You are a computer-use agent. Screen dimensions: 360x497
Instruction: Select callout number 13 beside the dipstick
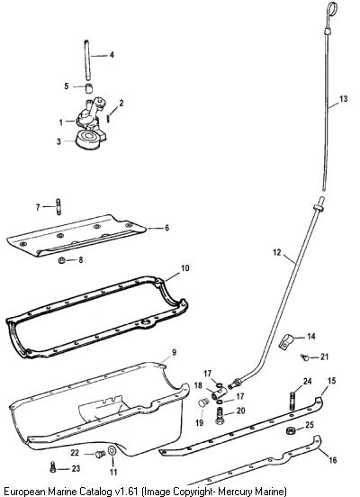(x=343, y=99)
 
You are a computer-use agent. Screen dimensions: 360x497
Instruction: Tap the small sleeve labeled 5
(x=89, y=88)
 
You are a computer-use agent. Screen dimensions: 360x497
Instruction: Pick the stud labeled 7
(x=58, y=207)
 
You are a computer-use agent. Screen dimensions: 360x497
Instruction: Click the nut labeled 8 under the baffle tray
(x=62, y=260)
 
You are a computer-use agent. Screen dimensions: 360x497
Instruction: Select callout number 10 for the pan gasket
(x=185, y=268)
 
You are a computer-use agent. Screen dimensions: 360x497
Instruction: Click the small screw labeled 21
(x=305, y=357)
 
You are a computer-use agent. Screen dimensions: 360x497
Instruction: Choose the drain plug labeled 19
(x=202, y=403)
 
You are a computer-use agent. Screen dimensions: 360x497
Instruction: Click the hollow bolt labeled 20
(x=220, y=415)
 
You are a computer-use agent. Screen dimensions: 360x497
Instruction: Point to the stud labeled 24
(x=292, y=402)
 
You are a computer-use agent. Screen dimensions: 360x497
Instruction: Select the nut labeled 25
(x=291, y=430)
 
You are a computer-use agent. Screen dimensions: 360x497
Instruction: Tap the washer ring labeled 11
(x=112, y=450)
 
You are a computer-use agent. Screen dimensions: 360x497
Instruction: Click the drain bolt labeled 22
(x=100, y=454)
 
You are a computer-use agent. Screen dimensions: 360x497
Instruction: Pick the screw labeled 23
(x=53, y=467)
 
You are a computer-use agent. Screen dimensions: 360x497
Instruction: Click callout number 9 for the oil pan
(x=174, y=352)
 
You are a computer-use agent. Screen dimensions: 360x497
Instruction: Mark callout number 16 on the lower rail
(x=332, y=459)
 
